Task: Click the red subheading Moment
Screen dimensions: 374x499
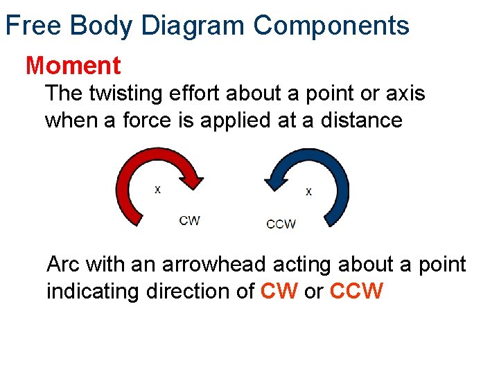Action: click(x=73, y=66)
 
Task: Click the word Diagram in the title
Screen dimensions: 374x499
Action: click(x=193, y=26)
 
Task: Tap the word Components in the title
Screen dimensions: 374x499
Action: click(x=331, y=26)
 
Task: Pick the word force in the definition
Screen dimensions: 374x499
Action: click(x=149, y=120)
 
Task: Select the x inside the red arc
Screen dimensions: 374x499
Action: click(x=157, y=189)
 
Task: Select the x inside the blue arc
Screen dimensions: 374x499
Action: click(x=308, y=191)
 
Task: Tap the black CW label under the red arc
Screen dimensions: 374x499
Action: click(x=189, y=220)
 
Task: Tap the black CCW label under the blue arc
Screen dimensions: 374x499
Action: click(x=281, y=224)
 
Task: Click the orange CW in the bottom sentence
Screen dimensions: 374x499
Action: click(x=279, y=292)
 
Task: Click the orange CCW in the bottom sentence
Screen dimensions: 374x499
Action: click(x=356, y=292)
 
